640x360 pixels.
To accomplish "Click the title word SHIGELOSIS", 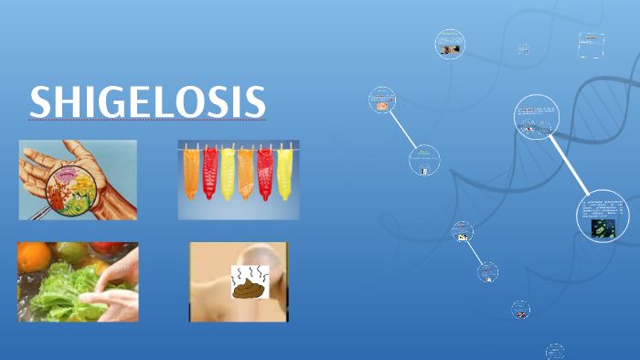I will (147, 101).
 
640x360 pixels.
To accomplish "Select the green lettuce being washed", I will (55, 292).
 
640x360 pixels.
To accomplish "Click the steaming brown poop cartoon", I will (247, 285).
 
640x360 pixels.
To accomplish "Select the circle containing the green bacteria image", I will (603, 217).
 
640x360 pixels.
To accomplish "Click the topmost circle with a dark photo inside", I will (450, 45).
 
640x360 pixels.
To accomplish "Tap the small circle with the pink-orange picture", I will (381, 101).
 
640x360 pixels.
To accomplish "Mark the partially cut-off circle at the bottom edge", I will (555, 352).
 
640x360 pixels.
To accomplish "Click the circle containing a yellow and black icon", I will (463, 232).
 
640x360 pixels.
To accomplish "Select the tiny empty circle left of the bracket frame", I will (524, 49).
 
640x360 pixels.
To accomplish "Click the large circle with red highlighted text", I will (536, 119).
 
